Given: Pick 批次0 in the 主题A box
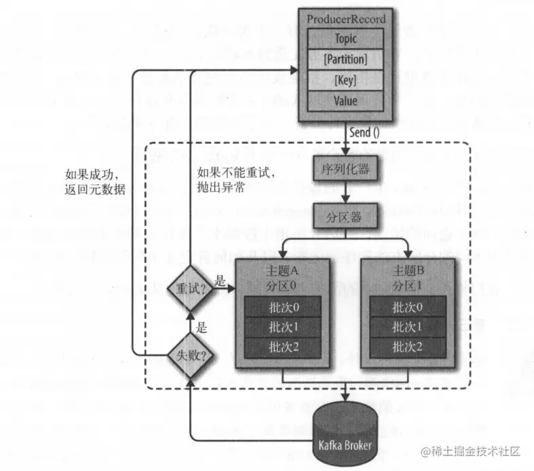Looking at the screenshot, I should point(281,307).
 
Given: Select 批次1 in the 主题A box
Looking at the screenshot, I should point(281,327).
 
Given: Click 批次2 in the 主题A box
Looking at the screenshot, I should point(281,347).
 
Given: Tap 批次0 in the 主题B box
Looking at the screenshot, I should point(406,307).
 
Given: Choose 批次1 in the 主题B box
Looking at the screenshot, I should point(406,327).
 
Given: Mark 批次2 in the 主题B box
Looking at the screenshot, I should point(406,347).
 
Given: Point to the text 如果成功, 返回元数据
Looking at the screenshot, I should point(92,181).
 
